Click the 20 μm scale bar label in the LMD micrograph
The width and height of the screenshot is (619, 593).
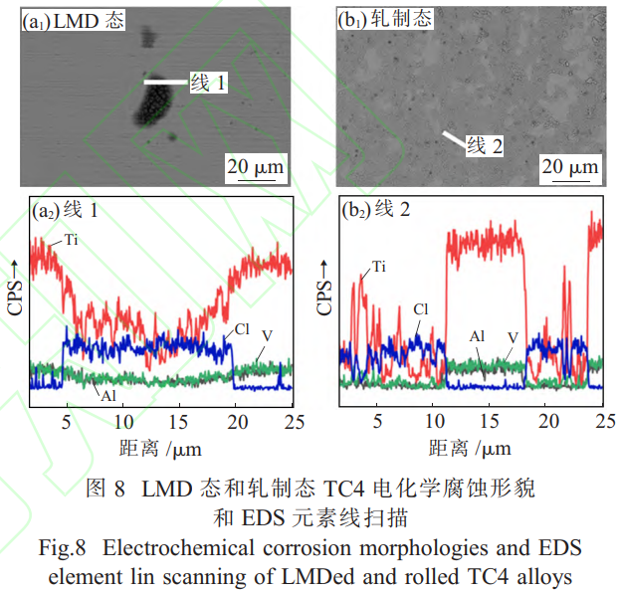point(255,166)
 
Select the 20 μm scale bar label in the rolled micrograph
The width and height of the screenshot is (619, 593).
point(570,166)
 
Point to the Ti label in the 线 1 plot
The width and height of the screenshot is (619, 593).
point(71,240)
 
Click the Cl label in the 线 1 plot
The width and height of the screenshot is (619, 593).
point(242,328)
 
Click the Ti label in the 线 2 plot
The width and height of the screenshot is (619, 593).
point(379,267)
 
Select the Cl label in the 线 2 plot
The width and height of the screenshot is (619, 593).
point(422,309)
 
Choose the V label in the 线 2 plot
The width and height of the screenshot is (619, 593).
point(513,337)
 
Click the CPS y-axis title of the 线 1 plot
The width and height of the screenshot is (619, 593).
point(14,290)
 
